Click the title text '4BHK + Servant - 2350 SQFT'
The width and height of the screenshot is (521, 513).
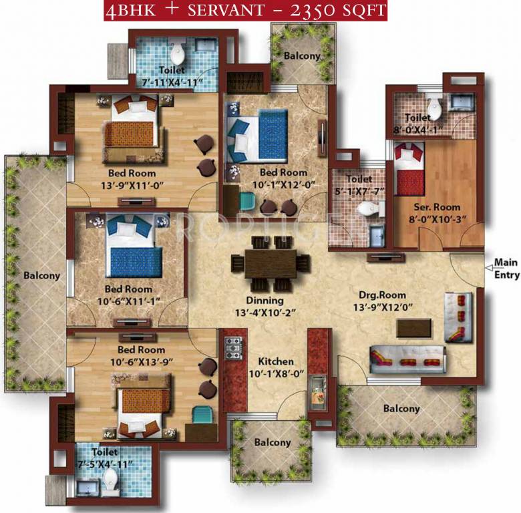pyautogui.click(x=244, y=11)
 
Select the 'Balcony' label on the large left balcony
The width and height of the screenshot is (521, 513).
pyautogui.click(x=41, y=275)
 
